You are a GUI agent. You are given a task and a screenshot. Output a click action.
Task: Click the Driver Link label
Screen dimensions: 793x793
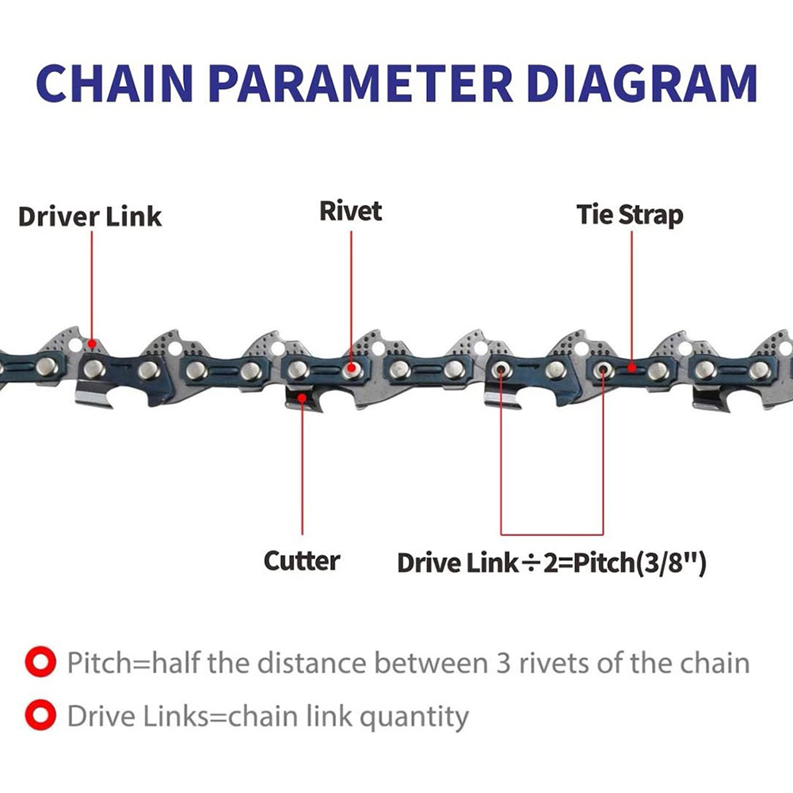point(90,216)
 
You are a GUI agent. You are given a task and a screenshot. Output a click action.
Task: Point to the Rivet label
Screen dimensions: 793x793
point(350,211)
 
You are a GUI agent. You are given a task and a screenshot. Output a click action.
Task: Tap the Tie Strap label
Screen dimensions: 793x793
point(629,214)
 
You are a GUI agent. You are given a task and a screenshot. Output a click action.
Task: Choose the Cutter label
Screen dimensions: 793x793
point(301,561)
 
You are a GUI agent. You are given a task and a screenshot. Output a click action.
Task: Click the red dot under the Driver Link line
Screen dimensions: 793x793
point(93,344)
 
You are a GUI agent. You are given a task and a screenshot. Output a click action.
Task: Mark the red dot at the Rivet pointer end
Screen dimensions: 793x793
point(349,368)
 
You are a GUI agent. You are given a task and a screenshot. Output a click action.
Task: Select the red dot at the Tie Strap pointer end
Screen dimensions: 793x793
point(631,368)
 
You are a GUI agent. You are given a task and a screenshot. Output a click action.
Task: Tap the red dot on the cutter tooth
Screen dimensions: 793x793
point(302,398)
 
